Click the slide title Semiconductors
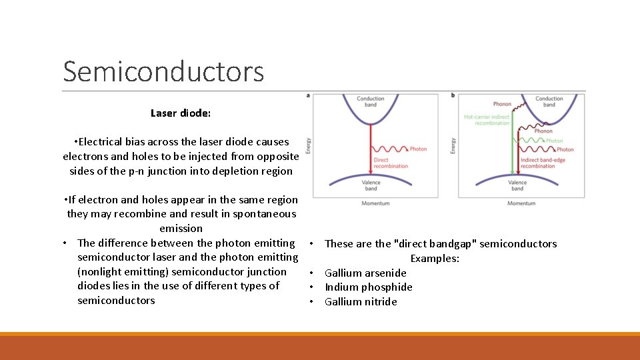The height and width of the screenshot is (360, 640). [163, 71]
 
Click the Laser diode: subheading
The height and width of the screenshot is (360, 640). [181, 113]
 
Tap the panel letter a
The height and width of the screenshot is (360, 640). [308, 95]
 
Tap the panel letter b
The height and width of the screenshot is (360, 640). [453, 95]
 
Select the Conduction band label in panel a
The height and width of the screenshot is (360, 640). [370, 102]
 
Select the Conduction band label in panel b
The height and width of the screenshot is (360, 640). [549, 102]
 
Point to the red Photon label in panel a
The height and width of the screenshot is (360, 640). [418, 149]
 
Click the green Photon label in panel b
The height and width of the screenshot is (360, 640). [555, 141]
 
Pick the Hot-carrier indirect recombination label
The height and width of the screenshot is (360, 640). [486, 121]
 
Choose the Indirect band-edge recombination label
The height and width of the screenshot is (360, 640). [542, 163]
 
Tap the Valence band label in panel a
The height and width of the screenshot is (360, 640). [371, 185]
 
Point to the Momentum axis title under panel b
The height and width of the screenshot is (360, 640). [521, 203]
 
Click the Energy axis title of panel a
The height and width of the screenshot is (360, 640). [308, 146]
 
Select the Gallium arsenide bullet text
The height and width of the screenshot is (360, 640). [365, 273]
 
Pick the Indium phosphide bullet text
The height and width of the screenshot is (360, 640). [368, 287]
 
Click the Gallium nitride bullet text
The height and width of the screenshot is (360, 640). [361, 302]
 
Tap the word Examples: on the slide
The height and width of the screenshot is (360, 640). [435, 259]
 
